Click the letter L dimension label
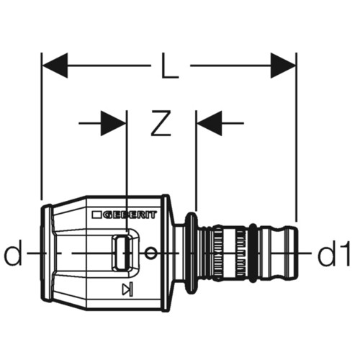170,66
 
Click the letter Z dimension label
161,123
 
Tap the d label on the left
13,253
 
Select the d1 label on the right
334,253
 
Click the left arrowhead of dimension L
55,66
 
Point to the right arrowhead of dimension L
283,66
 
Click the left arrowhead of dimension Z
113,123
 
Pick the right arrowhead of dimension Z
210,123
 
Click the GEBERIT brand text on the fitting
130,215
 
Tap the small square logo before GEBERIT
96,215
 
